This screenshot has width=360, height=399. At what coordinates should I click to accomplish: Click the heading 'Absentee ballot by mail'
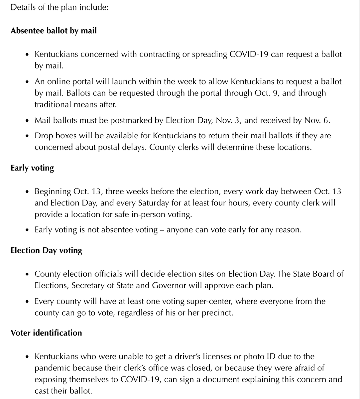(54, 31)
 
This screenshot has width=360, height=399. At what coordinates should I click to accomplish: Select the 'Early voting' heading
(32, 168)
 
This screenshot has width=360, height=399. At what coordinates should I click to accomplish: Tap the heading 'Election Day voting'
(46, 250)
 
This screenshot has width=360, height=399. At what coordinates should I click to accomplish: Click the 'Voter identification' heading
(46, 333)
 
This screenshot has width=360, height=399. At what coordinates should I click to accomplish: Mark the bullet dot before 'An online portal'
(27, 82)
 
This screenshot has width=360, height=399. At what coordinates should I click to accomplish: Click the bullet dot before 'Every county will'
(27, 302)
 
